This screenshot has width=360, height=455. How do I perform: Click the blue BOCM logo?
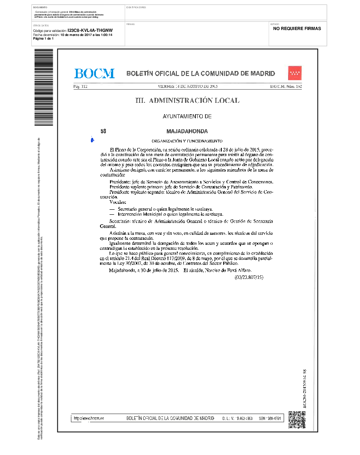tap(94, 73)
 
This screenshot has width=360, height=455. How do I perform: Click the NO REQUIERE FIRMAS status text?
tap(297, 28)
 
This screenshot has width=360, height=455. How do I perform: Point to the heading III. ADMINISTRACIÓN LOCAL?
tap(187, 101)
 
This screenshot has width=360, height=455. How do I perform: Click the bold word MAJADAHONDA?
tap(187, 131)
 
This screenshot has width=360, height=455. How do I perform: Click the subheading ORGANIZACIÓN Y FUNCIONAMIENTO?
tap(187, 141)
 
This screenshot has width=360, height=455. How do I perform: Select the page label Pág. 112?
tap(80, 86)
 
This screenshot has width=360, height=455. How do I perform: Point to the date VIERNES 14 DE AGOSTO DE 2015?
tap(188, 86)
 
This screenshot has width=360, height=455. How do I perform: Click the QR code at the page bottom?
tap(296, 419)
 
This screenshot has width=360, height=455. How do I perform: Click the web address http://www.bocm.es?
tap(89, 418)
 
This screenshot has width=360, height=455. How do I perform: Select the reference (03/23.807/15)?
tap(249, 277)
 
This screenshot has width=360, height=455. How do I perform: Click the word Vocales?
tap(117, 202)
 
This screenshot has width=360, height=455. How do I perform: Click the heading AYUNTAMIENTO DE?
tap(187, 116)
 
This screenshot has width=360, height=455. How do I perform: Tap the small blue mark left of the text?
tap(92, 139)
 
